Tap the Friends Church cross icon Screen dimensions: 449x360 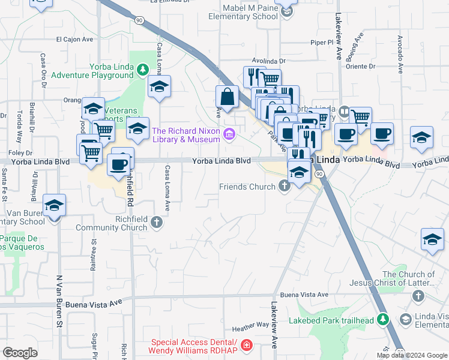click(284, 187)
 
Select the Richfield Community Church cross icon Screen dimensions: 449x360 click(157, 223)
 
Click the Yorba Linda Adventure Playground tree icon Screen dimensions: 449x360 click(143, 70)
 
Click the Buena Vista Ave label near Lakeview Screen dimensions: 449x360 click(304, 295)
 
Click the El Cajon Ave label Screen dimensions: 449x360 click(75, 40)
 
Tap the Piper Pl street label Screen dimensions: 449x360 click(322, 43)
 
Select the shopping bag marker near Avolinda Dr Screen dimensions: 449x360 click(228, 96)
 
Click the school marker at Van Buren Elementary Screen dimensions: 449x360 click(55, 206)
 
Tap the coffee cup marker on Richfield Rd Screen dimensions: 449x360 click(118, 164)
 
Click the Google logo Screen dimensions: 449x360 click(20, 353)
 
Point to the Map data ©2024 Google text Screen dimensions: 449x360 click(411, 355)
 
